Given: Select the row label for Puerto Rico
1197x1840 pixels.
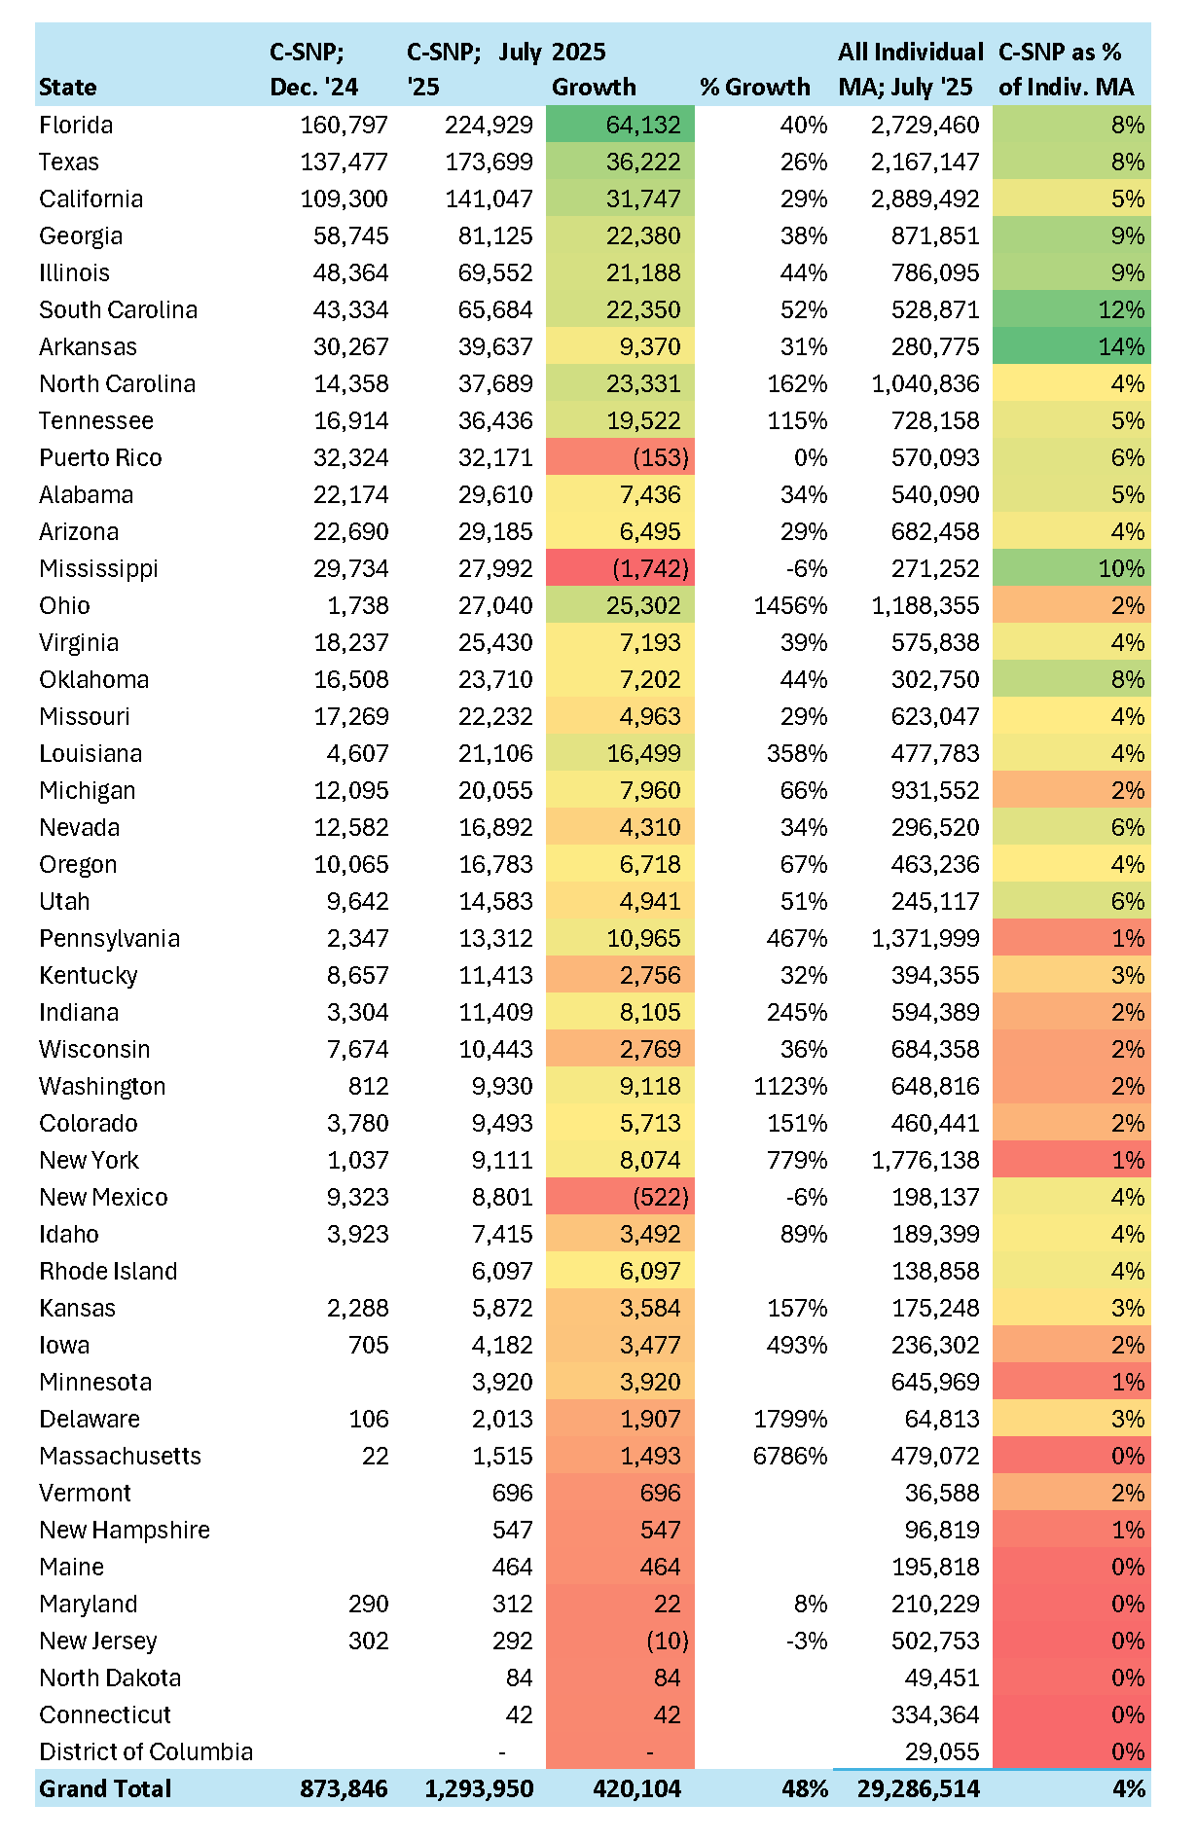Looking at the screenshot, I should pos(100,458).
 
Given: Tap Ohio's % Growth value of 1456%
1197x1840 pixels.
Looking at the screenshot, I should pos(790,606).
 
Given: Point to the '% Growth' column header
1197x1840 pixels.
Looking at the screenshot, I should pos(754,88).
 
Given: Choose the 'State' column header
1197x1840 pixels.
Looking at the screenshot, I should pos(68,88).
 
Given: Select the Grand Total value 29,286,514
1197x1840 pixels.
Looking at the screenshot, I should pos(919,1788).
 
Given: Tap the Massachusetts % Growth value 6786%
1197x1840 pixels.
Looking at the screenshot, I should pos(790,1457).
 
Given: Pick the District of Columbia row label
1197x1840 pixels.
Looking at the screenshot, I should pos(146,1752).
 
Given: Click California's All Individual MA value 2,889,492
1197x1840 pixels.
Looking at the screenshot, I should pos(925,199).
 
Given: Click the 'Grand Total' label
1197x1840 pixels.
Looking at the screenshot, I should pos(105,1788).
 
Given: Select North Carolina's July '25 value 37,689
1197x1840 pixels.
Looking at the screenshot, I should pos(495,384).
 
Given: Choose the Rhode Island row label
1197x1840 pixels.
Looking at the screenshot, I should pos(108,1272).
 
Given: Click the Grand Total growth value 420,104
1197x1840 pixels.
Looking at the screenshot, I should pos(636,1788).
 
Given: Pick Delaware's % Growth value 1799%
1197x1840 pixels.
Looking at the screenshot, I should pos(790,1420).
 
